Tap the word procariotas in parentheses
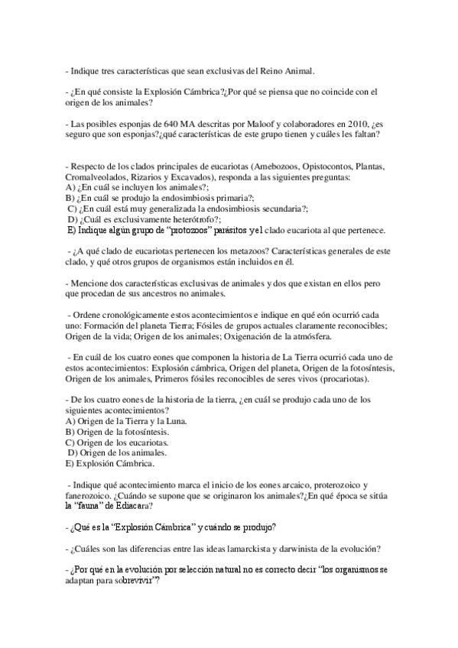point(342,378)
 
